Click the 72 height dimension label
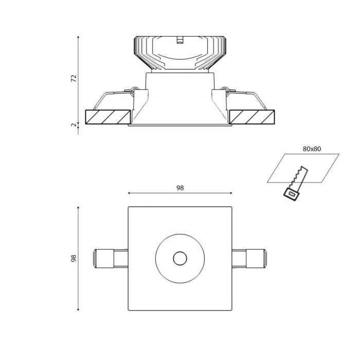click(74, 78)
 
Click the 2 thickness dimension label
click(74, 124)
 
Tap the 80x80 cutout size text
click(312, 149)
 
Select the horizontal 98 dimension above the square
click(180, 188)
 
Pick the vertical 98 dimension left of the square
click(74, 258)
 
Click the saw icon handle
click(291, 194)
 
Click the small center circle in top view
click(180, 259)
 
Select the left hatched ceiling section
click(106, 117)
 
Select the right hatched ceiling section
click(252, 117)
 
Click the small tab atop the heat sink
click(180, 40)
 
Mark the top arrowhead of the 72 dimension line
click(78, 37)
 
